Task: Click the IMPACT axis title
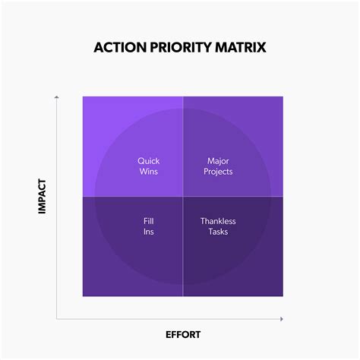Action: pyautogui.click(x=43, y=196)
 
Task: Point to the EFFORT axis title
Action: pyautogui.click(x=183, y=334)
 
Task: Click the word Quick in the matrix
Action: pyautogui.click(x=149, y=161)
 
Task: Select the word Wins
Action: pyautogui.click(x=149, y=172)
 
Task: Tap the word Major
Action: pyautogui.click(x=219, y=161)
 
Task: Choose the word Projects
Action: pyautogui.click(x=219, y=172)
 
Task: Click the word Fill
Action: pyautogui.click(x=149, y=221)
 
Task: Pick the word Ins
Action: pyautogui.click(x=149, y=232)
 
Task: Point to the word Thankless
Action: pyautogui.click(x=218, y=221)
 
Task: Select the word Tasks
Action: pyautogui.click(x=218, y=232)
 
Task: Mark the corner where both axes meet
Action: pyautogui.click(x=58, y=318)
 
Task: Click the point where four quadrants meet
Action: pyautogui.click(x=183, y=197)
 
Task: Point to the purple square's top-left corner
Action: pyautogui.click(x=83, y=96)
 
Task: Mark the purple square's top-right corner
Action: pyautogui.click(x=283, y=96)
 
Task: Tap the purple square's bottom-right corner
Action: pyautogui.click(x=283, y=296)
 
